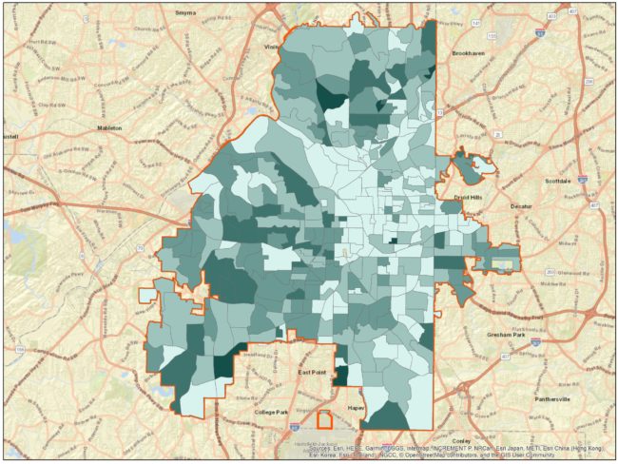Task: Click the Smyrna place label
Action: pos(185,12)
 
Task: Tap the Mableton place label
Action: pos(110,126)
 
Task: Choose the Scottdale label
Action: pos(554,179)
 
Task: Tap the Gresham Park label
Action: pos(506,336)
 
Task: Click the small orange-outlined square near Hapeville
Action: pos(326,419)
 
